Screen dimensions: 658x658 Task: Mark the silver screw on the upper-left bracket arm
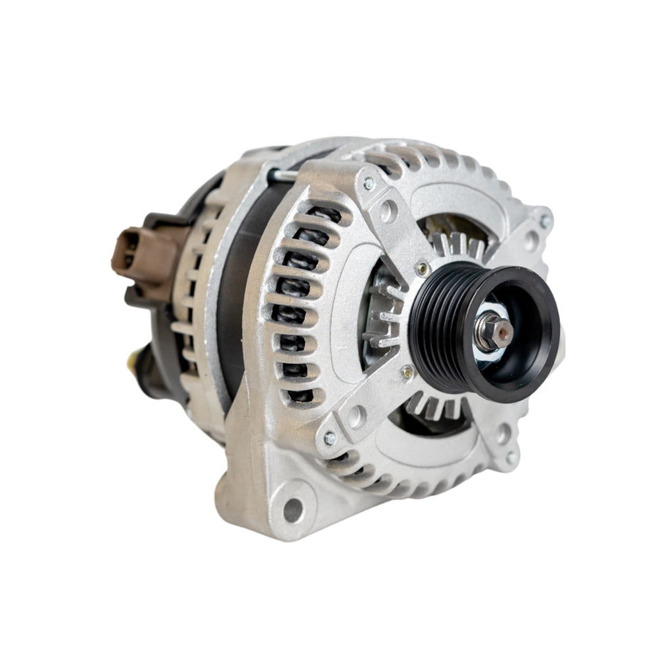(x=368, y=185)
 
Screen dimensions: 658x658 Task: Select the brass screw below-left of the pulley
(x=408, y=373)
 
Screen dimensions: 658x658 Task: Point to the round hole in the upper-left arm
(x=389, y=211)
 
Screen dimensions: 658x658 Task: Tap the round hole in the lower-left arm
(x=357, y=415)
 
